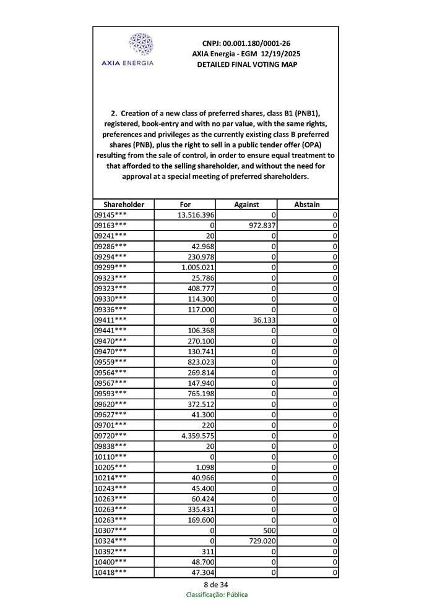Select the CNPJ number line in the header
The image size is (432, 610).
[x=246, y=43]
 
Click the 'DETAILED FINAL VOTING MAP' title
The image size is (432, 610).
[x=246, y=64]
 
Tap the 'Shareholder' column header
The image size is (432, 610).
[x=124, y=205]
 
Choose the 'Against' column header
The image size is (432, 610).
[x=246, y=205]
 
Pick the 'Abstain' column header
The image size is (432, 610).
[x=307, y=205]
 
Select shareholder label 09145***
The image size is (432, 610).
[x=111, y=215]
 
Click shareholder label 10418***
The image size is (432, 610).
[x=111, y=573]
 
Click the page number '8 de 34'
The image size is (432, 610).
[x=215, y=585]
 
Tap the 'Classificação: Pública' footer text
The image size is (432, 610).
[x=217, y=595]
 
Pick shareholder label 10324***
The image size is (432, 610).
[x=111, y=541]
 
